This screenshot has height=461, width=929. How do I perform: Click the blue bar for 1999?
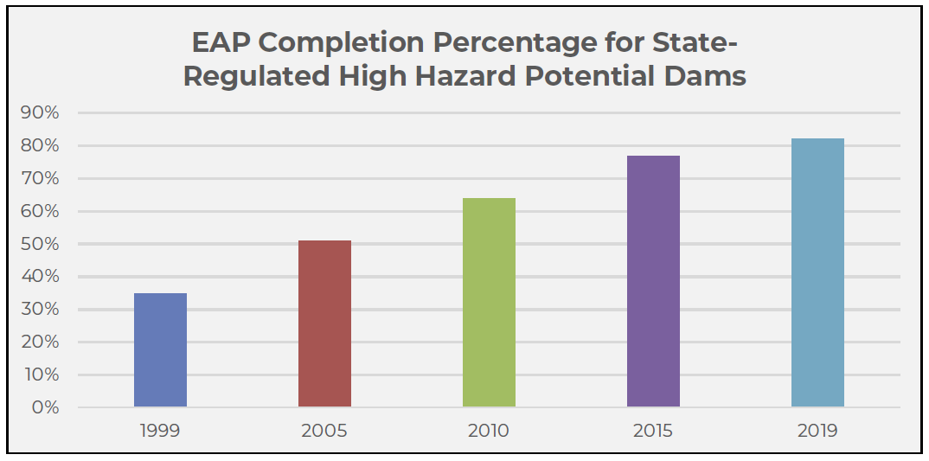pos(160,350)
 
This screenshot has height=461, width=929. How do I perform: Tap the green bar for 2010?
pos(489,303)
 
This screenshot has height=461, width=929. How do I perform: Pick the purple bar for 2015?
pos(653,281)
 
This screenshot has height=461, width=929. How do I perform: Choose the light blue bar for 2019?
pos(817,272)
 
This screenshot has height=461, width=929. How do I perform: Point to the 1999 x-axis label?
pos(160,431)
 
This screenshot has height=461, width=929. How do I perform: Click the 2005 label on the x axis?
pos(324,431)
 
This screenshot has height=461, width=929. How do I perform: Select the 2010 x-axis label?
pos(489,431)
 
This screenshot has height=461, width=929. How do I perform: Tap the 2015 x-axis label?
pos(653,431)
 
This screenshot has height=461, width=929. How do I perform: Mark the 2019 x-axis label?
pos(817,431)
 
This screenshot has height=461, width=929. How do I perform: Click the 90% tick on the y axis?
pos(41,113)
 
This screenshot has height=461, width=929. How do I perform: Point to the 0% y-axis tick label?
pos(45,407)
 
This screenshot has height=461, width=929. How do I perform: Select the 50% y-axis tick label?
pos(41,244)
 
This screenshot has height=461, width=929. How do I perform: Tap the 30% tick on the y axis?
pos(41,310)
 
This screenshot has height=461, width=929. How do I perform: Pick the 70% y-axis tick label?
pos(41,179)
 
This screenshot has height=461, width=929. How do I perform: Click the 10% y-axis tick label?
pos(41,375)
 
